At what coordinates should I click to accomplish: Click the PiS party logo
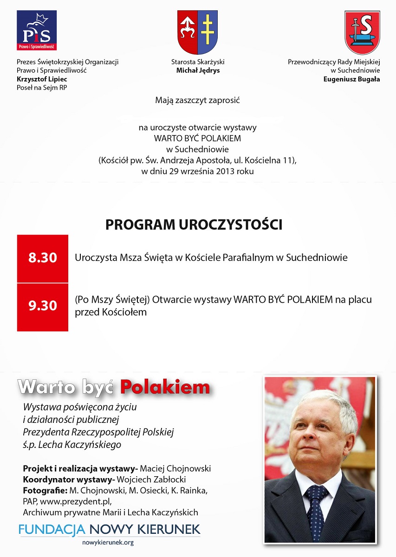click(37, 31)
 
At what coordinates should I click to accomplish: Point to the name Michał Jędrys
click(198, 71)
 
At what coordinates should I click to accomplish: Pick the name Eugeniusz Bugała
click(351, 79)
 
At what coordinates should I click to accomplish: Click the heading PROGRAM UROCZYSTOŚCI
click(194, 225)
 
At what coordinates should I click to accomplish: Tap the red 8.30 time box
click(43, 258)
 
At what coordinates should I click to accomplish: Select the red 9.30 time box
click(43, 306)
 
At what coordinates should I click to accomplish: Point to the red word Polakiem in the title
click(165, 387)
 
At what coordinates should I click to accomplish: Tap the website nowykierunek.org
click(108, 542)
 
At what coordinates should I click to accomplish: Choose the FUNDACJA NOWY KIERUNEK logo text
click(110, 529)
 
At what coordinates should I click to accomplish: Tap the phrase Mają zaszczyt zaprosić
click(197, 100)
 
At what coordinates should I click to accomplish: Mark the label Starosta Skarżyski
click(198, 62)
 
